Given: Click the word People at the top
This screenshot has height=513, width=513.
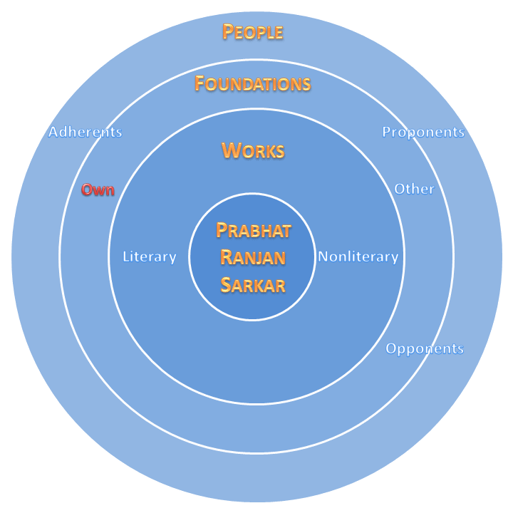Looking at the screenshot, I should [x=253, y=32].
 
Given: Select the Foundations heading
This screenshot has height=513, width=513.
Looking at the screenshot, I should [x=253, y=84].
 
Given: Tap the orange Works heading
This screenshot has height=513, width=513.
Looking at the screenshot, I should [x=253, y=151].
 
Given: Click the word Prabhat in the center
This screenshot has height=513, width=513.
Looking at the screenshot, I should [x=253, y=231].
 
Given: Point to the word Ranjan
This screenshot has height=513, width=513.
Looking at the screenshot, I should [x=253, y=258].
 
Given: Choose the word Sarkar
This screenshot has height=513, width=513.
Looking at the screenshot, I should [x=253, y=286].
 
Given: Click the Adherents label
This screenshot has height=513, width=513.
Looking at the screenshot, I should [x=85, y=133].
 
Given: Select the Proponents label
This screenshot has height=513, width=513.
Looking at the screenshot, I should [x=423, y=133].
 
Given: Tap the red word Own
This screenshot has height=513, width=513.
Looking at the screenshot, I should [x=98, y=190].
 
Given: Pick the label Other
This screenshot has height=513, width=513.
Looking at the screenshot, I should [x=415, y=190].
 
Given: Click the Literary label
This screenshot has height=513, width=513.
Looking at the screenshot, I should [x=150, y=257].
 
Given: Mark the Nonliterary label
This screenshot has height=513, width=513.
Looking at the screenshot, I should [x=358, y=257].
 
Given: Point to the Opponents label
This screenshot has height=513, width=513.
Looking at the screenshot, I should [x=425, y=349].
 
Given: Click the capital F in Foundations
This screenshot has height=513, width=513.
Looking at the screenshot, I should [x=200, y=84].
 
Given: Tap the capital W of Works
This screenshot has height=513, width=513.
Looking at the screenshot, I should [x=229, y=151].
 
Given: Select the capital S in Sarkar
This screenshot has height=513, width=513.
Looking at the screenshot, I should [x=225, y=286].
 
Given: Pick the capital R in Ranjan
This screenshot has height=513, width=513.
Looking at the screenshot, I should [x=226, y=258].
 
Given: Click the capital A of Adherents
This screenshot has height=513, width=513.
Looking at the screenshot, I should [x=53, y=133].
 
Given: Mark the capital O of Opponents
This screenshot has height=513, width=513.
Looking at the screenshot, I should [x=391, y=349].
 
